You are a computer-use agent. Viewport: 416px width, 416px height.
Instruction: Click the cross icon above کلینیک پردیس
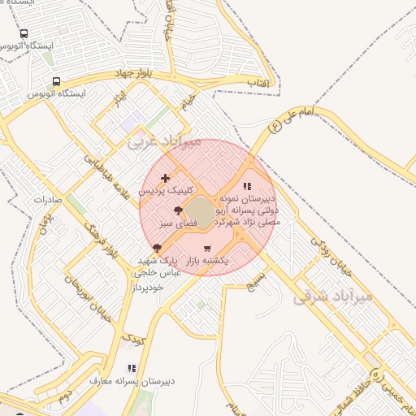[x=166, y=178]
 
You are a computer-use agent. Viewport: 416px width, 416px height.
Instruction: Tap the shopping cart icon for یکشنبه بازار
[x=206, y=248]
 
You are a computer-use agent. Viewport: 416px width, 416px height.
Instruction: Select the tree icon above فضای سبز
[x=178, y=212]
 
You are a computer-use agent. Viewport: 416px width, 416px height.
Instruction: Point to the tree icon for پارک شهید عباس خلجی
[x=156, y=248]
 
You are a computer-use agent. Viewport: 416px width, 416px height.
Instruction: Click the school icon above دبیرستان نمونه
[x=247, y=186]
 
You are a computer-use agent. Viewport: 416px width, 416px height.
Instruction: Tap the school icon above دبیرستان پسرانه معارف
[x=132, y=367]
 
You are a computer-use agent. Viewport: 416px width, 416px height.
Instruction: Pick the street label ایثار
[x=120, y=103]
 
